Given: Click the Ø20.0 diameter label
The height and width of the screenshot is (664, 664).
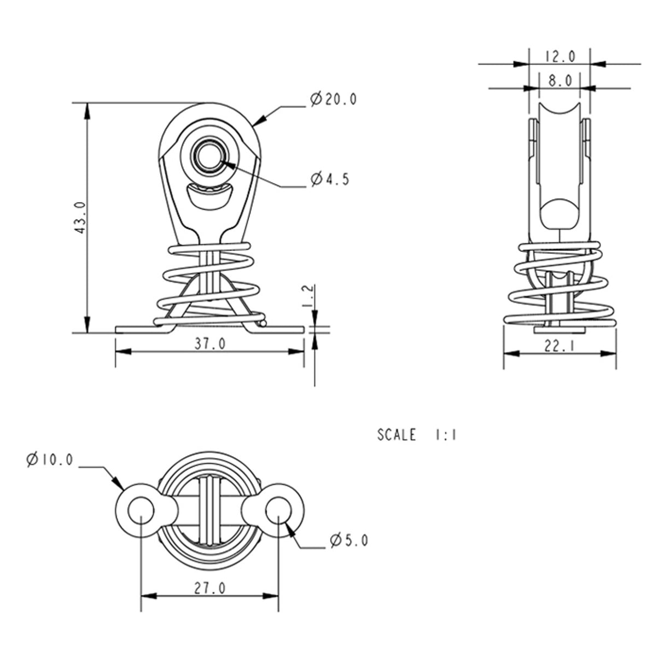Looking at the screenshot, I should pos(333,99).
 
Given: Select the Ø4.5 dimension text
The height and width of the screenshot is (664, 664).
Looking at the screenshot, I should pos(329,179).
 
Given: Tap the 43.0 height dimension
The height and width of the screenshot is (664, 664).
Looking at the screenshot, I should pos(79,217).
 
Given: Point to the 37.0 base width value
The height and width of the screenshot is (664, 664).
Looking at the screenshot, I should pos(210,343).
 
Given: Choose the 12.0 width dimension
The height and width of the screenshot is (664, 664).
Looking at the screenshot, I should pos(560,56).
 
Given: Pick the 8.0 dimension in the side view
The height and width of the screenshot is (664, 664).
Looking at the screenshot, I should pos(560,80).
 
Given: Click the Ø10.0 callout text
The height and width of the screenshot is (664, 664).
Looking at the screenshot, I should pos(49,459).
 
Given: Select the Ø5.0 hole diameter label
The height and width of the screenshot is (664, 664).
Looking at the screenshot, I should pos(348,540).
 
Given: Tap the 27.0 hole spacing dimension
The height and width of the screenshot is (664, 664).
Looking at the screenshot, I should pos(209,587).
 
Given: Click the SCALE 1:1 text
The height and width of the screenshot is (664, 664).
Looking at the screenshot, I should pos(417,435).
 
